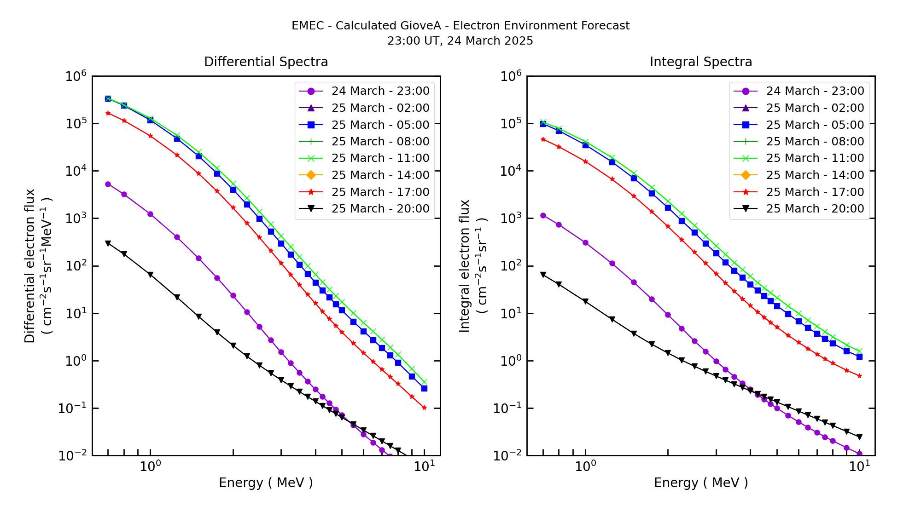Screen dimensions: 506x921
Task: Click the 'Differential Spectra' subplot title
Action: point(266,62)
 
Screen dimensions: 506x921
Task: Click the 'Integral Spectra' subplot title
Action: point(700,62)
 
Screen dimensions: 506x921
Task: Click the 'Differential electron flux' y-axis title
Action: point(30,265)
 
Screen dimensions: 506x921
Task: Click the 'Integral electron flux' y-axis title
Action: point(465,265)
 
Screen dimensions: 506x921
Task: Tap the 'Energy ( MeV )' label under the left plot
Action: point(266,483)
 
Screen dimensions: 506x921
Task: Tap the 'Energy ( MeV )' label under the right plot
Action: point(700,483)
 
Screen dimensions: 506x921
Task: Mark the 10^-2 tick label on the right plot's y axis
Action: point(509,456)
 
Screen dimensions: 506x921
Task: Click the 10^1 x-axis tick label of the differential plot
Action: point(424,466)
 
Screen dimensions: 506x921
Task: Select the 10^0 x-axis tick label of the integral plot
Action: point(585,466)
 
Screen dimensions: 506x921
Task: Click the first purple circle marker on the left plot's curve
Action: point(108,184)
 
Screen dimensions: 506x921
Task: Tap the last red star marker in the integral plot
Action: point(859,376)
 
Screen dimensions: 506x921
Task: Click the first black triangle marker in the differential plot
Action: point(108,243)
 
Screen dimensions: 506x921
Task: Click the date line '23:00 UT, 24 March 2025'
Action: point(460,41)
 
